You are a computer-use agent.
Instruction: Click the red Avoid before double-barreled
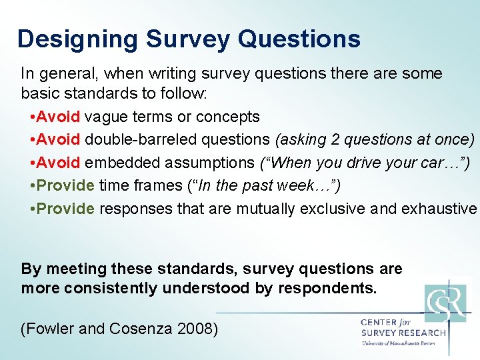click(59, 140)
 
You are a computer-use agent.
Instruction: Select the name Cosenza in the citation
click(135, 329)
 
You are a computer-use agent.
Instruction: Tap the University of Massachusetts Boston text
click(397, 343)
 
